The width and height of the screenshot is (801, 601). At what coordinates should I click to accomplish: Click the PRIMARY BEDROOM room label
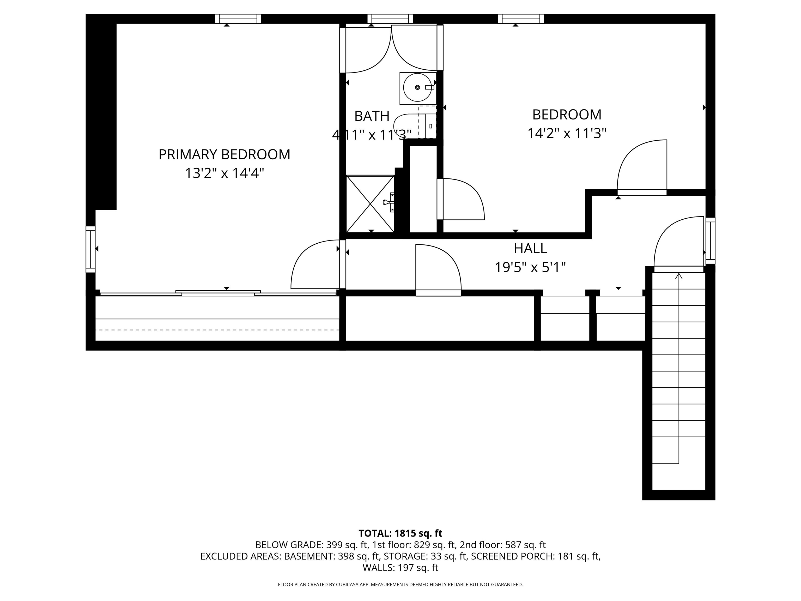[x=224, y=155]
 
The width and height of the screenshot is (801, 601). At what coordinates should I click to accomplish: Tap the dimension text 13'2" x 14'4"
[x=224, y=173]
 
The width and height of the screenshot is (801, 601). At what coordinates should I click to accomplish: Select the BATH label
[x=372, y=116]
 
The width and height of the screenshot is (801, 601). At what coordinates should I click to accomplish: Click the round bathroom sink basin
[x=417, y=87]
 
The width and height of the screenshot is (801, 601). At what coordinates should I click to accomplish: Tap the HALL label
[x=530, y=249]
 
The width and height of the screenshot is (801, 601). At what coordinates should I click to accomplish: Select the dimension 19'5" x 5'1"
[x=530, y=268]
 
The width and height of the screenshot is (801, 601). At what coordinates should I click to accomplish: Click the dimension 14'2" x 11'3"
[x=566, y=133]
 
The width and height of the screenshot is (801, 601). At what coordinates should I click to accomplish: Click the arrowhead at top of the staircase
[x=679, y=277]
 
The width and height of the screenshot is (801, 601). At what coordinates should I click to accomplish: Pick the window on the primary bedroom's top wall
[x=238, y=19]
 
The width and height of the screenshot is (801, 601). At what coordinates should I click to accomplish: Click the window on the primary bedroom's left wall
[x=90, y=249]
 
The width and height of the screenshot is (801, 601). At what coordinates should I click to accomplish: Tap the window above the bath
[x=390, y=19]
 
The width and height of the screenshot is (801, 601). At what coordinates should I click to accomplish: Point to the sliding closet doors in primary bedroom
[x=218, y=293]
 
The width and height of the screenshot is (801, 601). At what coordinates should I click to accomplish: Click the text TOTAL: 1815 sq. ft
[x=400, y=533]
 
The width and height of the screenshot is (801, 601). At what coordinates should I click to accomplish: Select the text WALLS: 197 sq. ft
[x=400, y=568]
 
